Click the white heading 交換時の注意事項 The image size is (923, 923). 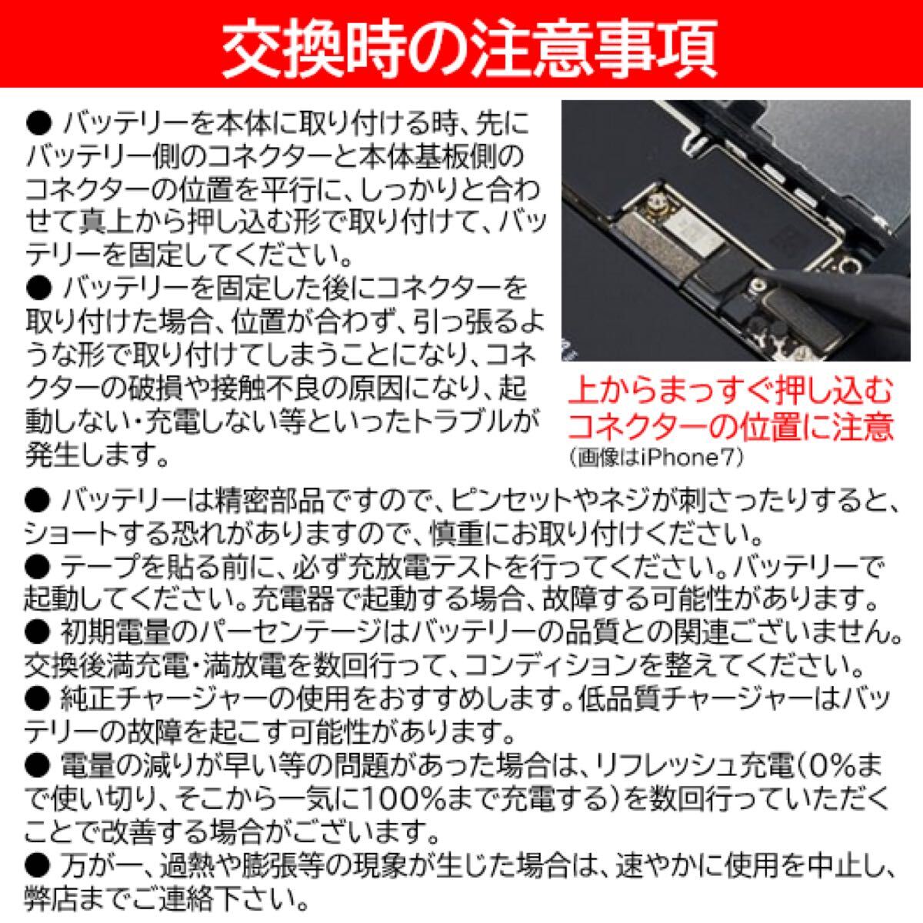(461, 46)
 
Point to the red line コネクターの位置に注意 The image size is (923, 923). (731, 425)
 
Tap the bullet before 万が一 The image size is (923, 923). (37, 866)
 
